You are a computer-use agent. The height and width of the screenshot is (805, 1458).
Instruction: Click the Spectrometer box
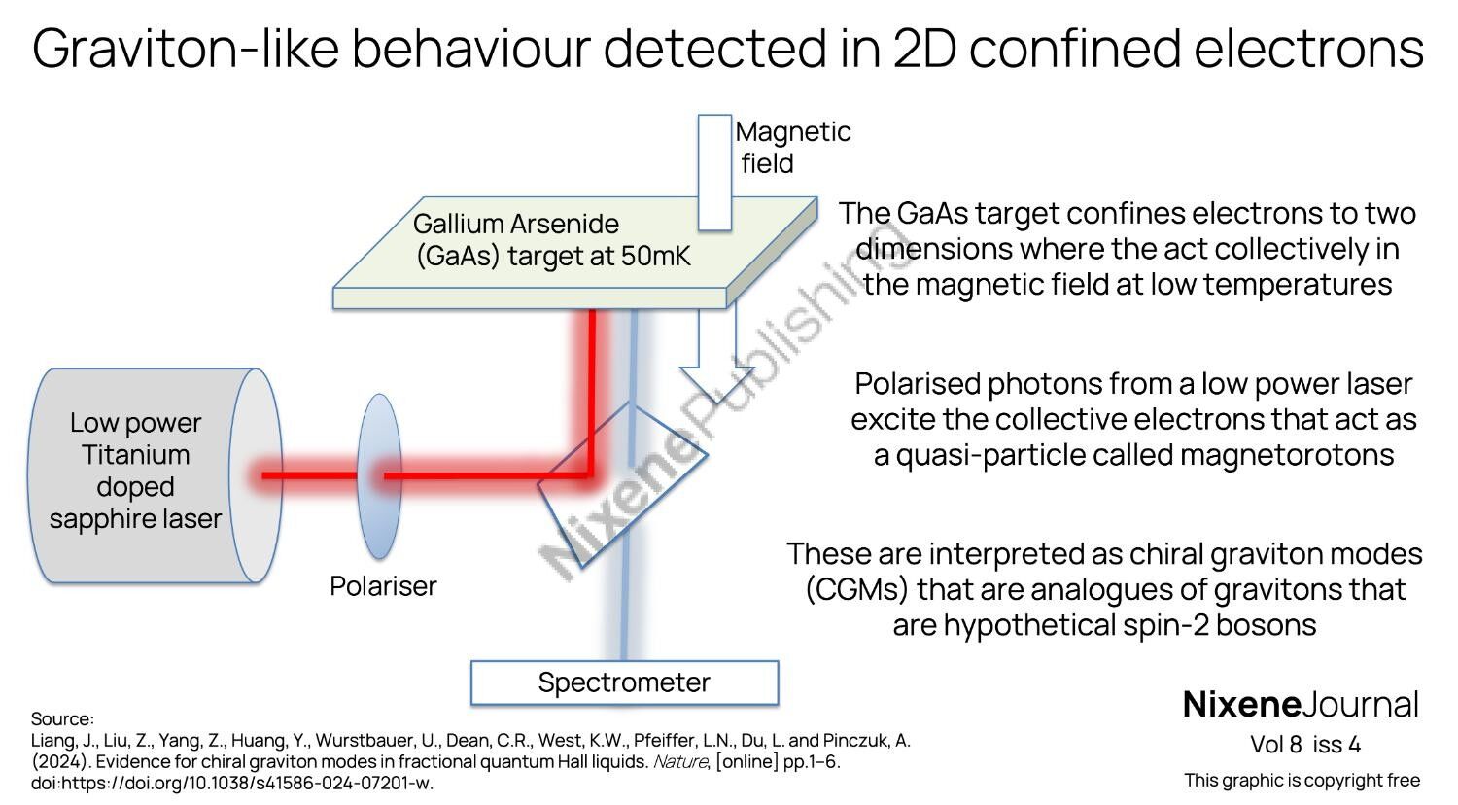pos(624,682)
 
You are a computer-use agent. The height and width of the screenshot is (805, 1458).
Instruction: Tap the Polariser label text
pos(383,586)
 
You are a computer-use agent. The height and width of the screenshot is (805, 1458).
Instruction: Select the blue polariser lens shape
pos(379,475)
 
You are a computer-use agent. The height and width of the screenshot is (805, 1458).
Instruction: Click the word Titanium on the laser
pos(135,455)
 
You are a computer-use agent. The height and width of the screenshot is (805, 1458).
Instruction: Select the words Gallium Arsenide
pos(515,224)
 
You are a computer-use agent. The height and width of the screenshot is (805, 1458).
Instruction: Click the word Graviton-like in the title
pos(185,49)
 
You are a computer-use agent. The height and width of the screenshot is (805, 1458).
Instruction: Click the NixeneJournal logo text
pos(1301,705)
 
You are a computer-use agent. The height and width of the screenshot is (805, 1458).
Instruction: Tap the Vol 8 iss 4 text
pos(1305,745)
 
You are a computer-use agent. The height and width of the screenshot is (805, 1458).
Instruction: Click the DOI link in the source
pos(232,783)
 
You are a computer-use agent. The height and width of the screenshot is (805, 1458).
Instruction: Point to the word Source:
pos(62,719)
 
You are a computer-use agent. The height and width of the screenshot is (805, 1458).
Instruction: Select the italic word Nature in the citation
pos(679,762)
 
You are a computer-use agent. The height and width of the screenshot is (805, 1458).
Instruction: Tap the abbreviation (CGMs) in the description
pos(855,589)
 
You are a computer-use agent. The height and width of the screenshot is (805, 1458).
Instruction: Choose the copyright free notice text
pos(1302,780)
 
